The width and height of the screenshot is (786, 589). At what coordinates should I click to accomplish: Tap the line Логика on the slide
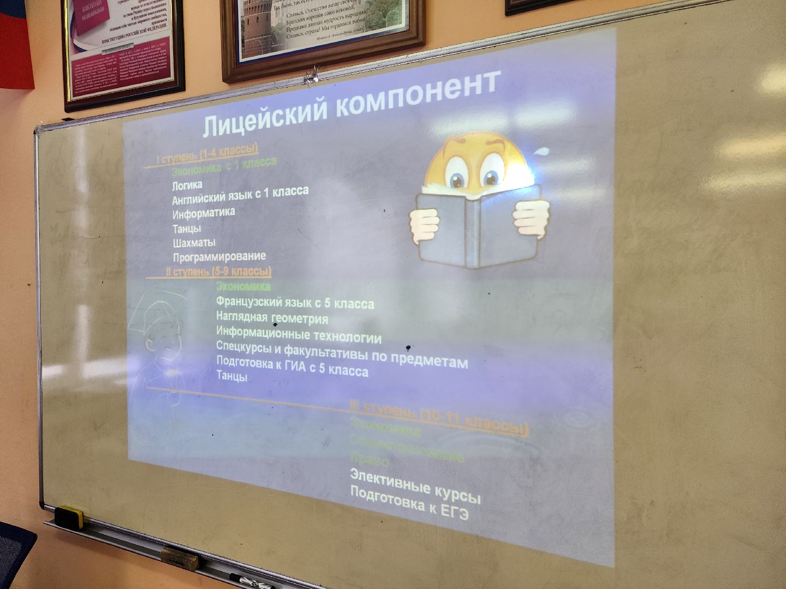pos(187,185)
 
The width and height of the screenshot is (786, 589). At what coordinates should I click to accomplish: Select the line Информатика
pos(204,212)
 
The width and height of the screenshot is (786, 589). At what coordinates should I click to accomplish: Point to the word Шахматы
pos(194,242)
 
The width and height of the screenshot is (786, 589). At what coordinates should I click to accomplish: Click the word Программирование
pos(219,256)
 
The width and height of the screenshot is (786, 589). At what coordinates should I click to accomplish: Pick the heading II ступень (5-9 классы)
pos(218,272)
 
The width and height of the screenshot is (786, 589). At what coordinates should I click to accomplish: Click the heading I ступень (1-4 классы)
pos(207,153)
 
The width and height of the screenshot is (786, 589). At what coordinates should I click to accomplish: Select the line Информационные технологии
pos(299,334)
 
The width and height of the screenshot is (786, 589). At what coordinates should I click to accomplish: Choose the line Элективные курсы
pos(415,485)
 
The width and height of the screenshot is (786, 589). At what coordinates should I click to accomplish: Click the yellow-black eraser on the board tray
pos(69,516)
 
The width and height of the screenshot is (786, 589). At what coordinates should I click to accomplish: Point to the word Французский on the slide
pos(249,301)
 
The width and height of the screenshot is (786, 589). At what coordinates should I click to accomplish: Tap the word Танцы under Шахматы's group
pos(187,228)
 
